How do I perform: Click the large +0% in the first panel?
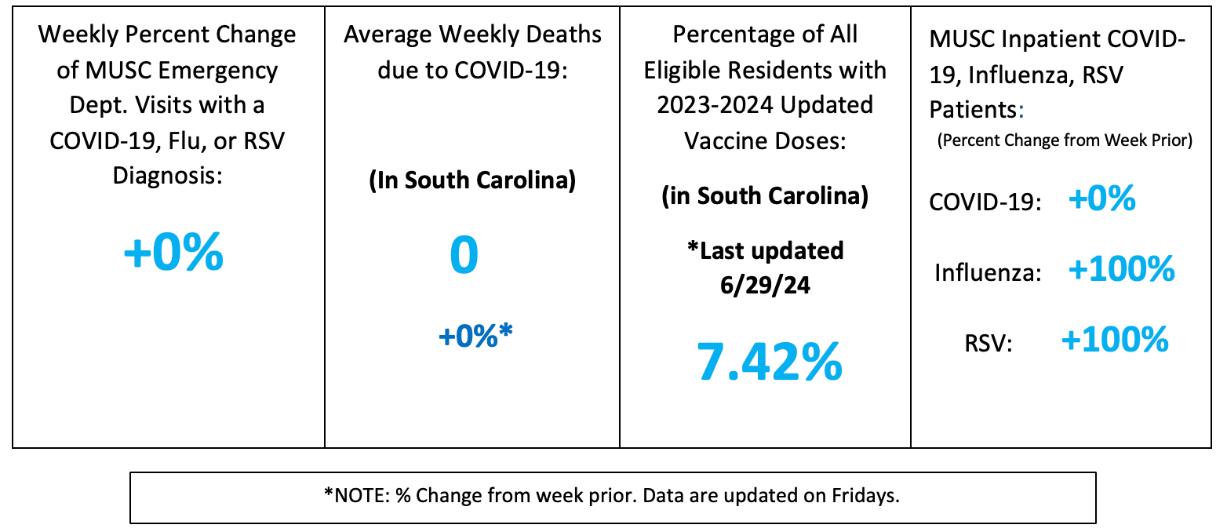click(173, 253)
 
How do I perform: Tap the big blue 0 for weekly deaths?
click(464, 256)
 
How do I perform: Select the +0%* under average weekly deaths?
click(475, 336)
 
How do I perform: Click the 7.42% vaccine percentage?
click(770, 362)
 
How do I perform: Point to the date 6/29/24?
click(765, 284)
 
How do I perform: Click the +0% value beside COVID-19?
click(1101, 199)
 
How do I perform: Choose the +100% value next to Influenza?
click(1121, 269)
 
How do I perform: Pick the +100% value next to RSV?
click(1114, 340)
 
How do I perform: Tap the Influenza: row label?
click(988, 273)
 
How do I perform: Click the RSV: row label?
click(989, 344)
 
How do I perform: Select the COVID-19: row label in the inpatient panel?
click(985, 202)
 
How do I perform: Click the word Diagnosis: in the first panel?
click(168, 174)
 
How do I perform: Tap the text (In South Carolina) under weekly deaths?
click(472, 180)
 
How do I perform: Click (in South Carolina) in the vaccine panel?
click(765, 195)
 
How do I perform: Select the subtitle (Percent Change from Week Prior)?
click(1065, 141)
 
